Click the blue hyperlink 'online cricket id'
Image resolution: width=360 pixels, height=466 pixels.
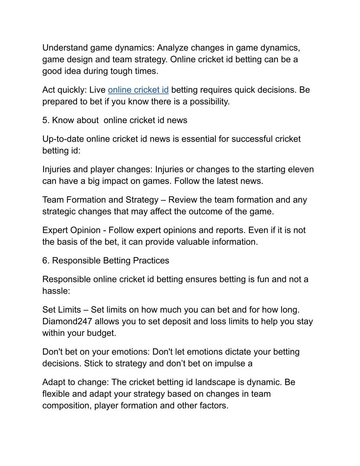tap(138, 90)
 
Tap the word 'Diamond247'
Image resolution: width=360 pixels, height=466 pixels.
tap(67, 321)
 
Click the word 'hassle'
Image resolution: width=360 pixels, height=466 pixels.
tap(55, 291)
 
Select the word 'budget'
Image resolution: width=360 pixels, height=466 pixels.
tap(102, 333)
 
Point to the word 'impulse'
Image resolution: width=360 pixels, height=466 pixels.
tap(230, 364)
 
